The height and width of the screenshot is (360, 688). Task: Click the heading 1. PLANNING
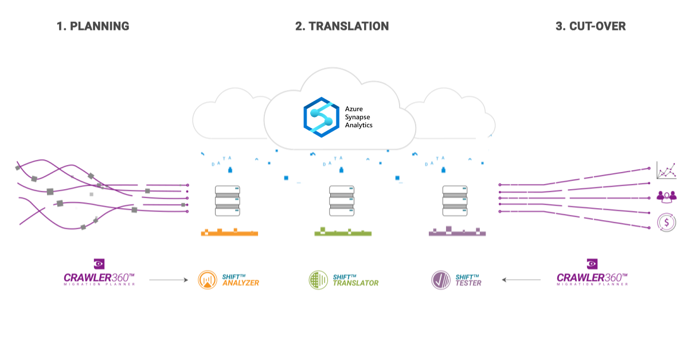(x=93, y=26)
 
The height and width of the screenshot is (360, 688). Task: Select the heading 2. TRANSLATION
(x=342, y=26)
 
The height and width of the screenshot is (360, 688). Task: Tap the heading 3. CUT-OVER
(x=591, y=26)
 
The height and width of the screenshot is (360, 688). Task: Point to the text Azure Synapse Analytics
(x=358, y=116)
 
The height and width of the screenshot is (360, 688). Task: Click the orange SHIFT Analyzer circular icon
(x=208, y=280)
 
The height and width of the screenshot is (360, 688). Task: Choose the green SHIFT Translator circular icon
(x=319, y=280)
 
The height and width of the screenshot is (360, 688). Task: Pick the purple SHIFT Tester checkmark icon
(x=441, y=280)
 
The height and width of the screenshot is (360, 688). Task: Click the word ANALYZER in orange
(x=241, y=283)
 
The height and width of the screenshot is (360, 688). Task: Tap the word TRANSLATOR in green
(x=356, y=283)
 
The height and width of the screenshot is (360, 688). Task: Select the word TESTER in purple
(x=468, y=283)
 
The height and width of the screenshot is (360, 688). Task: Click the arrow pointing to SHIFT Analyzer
(x=169, y=280)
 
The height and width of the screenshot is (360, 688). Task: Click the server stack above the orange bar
(x=227, y=201)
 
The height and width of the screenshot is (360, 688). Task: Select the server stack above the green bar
(x=342, y=201)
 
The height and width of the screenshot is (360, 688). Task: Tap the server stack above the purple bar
(x=456, y=201)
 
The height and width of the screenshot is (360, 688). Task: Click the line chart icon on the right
(x=666, y=170)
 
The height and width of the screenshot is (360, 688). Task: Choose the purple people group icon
(x=666, y=195)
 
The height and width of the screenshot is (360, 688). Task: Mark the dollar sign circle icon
(x=666, y=221)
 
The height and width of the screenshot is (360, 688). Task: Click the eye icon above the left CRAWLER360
(x=100, y=264)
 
